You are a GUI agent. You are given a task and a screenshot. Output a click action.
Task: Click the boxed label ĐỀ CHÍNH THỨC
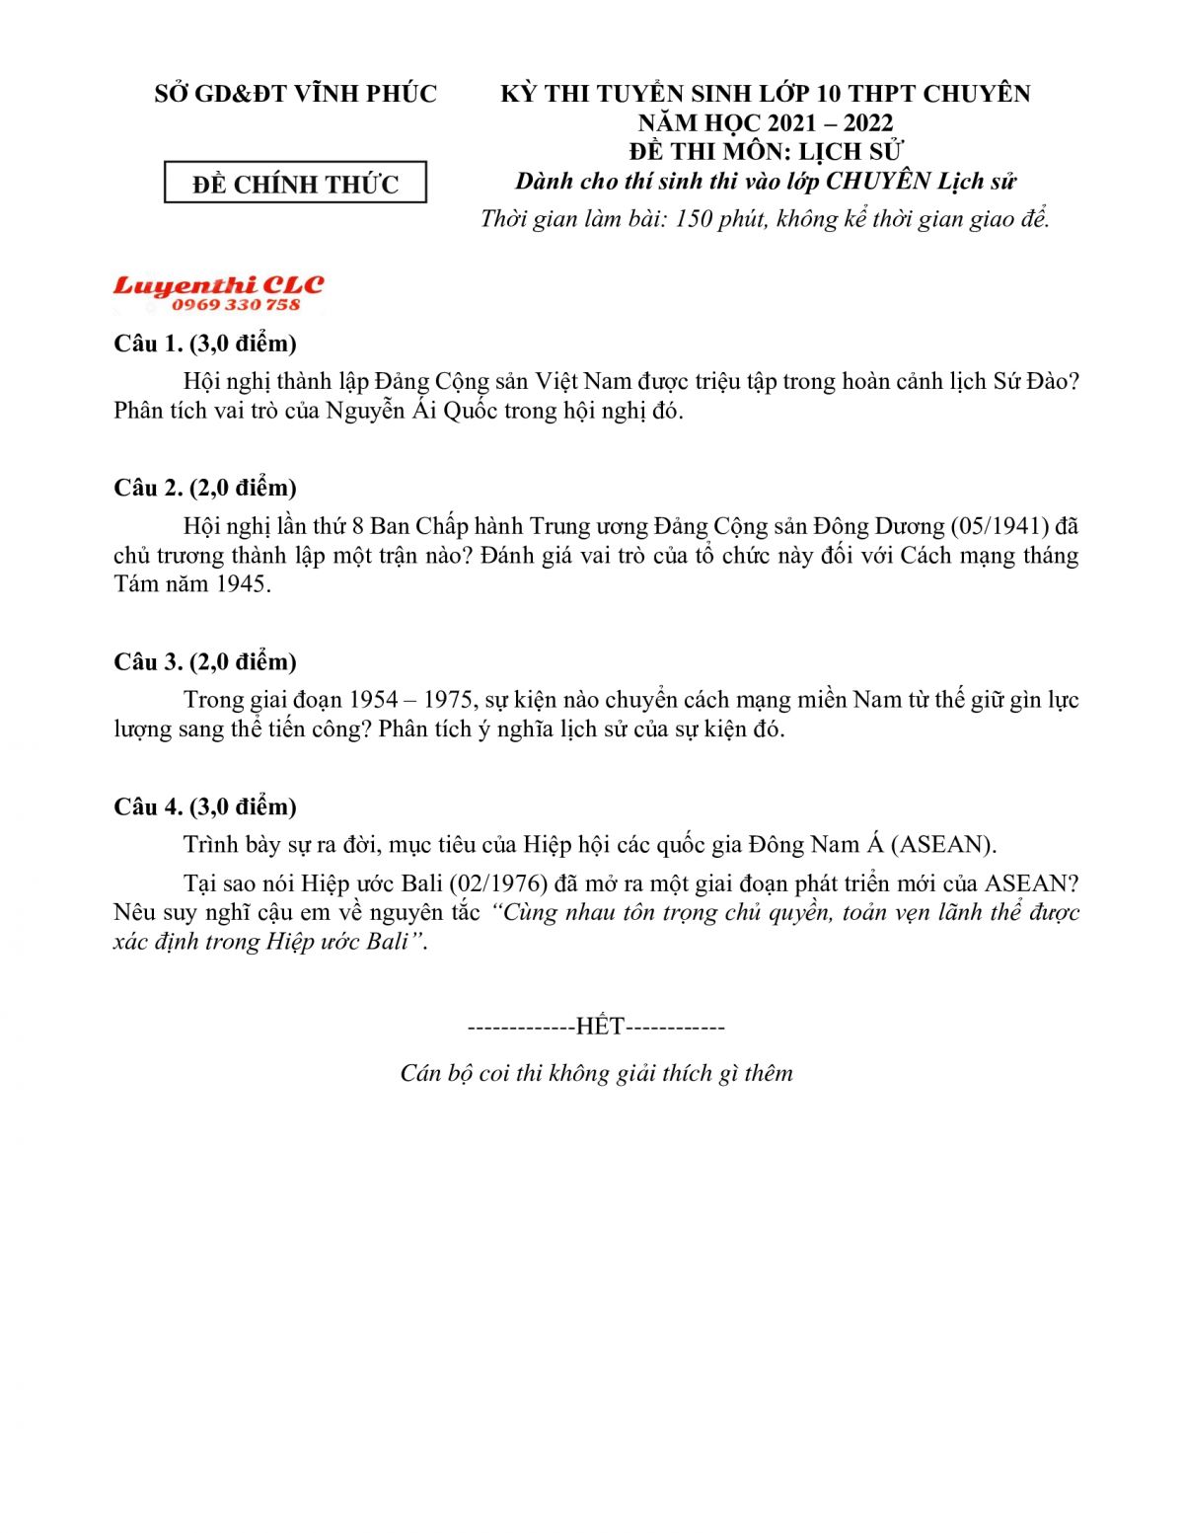[295, 184]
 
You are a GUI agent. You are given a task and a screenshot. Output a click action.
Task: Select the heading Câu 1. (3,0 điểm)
[205, 344]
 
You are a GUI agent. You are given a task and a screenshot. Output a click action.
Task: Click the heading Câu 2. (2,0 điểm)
[205, 488]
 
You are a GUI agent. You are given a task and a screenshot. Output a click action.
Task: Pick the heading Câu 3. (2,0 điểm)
[205, 661]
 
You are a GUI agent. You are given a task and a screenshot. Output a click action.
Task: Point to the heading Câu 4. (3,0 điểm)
[205, 806]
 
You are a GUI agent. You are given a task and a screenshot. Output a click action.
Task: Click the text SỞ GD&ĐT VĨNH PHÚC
[295, 94]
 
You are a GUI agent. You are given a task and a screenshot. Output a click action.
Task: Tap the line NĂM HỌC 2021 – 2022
[765, 123]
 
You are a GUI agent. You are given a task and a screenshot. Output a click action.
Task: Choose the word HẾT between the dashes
[600, 1028]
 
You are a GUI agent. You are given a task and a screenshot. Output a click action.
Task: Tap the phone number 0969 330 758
[236, 305]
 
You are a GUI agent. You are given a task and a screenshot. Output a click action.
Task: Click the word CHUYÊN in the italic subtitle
[877, 182]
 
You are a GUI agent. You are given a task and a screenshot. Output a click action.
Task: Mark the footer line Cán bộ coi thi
[596, 1074]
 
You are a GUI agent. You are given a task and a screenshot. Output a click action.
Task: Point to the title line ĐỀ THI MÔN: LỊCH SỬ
[765, 152]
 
